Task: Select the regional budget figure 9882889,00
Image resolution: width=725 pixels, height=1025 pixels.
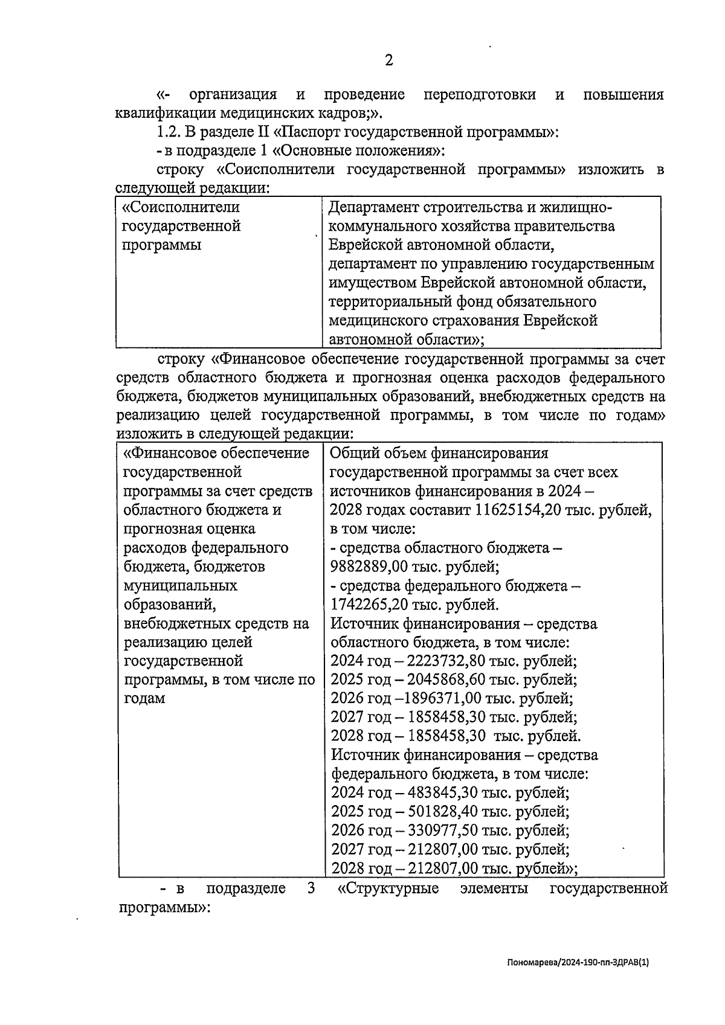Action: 370,567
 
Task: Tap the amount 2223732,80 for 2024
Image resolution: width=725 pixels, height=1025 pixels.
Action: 446,661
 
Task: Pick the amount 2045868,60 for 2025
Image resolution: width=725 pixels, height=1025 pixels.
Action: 446,680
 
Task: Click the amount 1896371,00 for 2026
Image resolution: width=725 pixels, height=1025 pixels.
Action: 443,699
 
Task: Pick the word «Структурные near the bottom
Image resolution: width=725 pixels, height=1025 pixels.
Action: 388,888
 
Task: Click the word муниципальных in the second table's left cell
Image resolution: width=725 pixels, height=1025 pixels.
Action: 180,585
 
